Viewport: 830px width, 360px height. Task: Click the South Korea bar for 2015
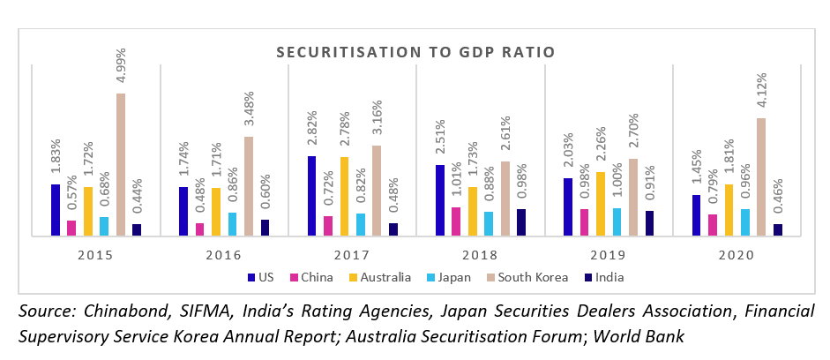(x=121, y=165)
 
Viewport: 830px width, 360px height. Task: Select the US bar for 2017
(x=312, y=196)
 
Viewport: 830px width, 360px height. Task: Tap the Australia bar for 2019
(x=601, y=204)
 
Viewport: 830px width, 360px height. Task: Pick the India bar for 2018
(x=520, y=222)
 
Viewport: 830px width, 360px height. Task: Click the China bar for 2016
(x=200, y=229)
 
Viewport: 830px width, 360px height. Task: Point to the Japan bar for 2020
(x=744, y=222)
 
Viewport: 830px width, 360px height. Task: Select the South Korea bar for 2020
(x=760, y=177)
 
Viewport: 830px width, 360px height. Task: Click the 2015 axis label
(x=96, y=257)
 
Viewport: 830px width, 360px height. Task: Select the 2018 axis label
(x=480, y=257)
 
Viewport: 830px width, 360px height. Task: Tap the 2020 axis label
(x=736, y=257)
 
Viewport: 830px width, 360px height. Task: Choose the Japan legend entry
(x=450, y=277)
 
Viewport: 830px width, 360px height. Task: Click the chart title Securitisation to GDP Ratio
(x=415, y=52)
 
